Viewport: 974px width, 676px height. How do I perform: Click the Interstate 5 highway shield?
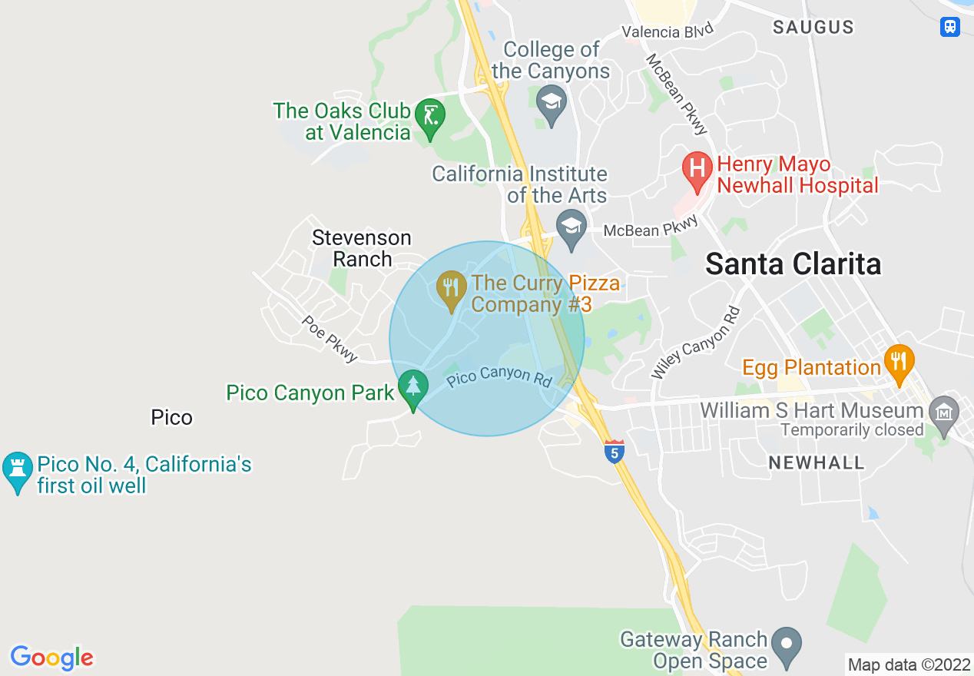click(x=613, y=452)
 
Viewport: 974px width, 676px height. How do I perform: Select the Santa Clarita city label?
click(x=793, y=263)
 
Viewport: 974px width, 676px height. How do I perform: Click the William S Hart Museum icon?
click(x=943, y=412)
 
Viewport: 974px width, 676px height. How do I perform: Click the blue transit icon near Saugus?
click(x=950, y=27)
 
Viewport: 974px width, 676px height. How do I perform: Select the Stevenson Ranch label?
click(x=362, y=248)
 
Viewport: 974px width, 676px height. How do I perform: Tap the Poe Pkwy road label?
click(x=330, y=339)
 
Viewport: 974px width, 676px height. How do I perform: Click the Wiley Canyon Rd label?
click(x=696, y=343)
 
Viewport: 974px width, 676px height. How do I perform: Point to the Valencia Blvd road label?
click(x=668, y=31)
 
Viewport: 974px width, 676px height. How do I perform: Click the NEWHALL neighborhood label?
click(x=817, y=462)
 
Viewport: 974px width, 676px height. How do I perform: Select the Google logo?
click(x=51, y=658)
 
